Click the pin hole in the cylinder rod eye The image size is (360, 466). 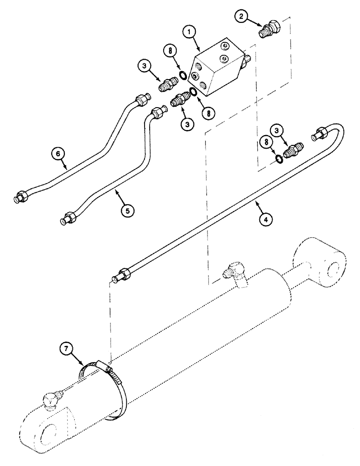(x=334, y=270)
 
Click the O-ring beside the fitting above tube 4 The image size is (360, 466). (x=277, y=159)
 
